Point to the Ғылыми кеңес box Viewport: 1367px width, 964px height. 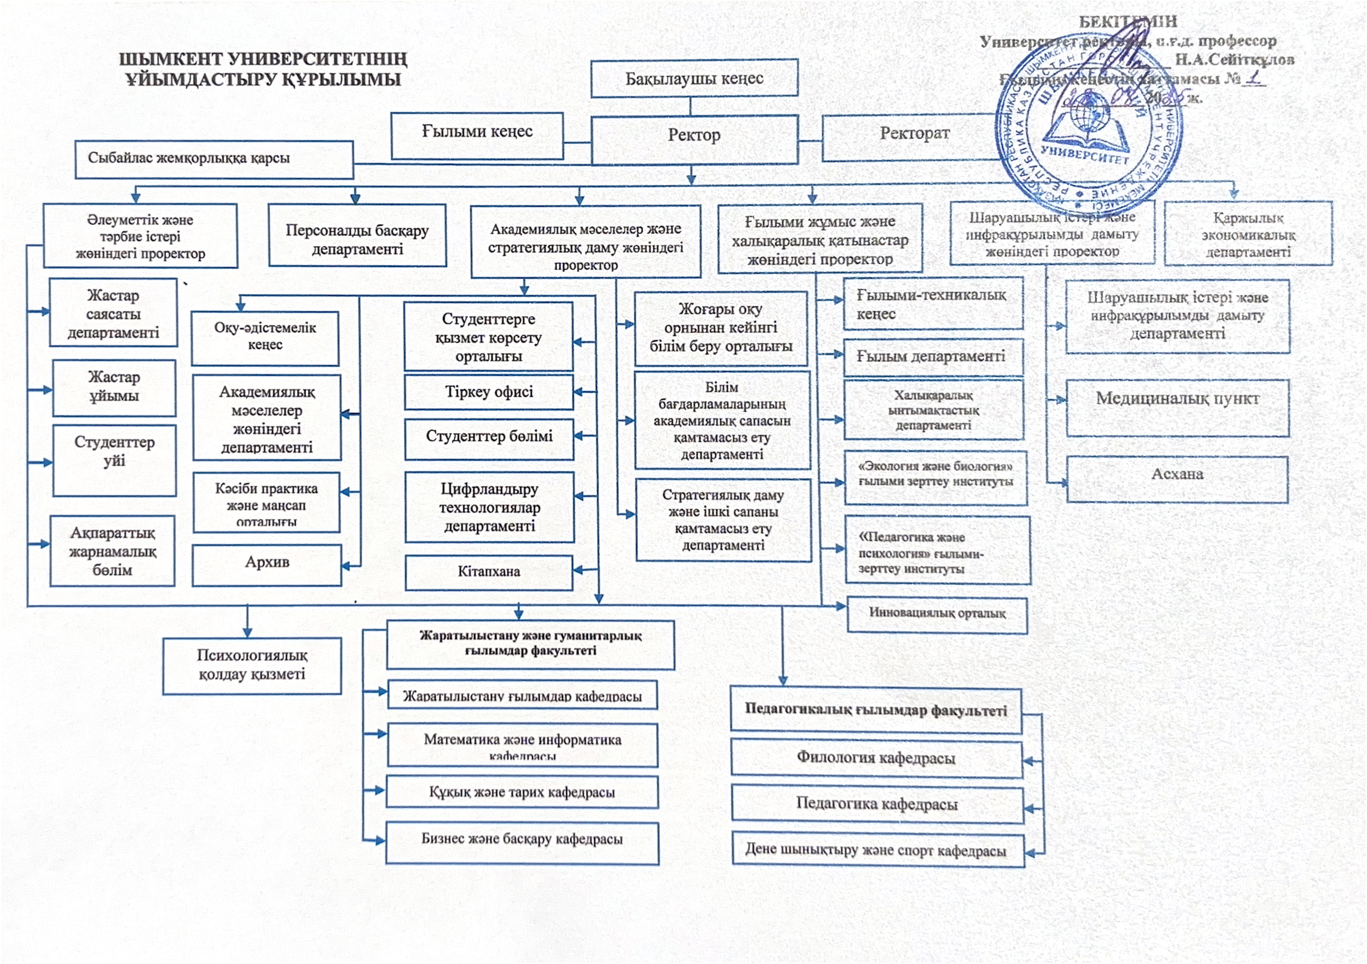[x=477, y=135]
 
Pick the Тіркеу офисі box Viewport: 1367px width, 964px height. [x=489, y=392]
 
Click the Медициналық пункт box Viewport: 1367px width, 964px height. [x=1177, y=407]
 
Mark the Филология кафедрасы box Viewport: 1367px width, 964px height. [x=876, y=759]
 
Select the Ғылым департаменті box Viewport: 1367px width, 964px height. [x=932, y=357]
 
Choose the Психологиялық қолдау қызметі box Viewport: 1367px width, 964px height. [x=252, y=665]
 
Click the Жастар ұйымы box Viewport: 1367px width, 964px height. [x=114, y=387]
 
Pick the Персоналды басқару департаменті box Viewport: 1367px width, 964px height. [x=357, y=237]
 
